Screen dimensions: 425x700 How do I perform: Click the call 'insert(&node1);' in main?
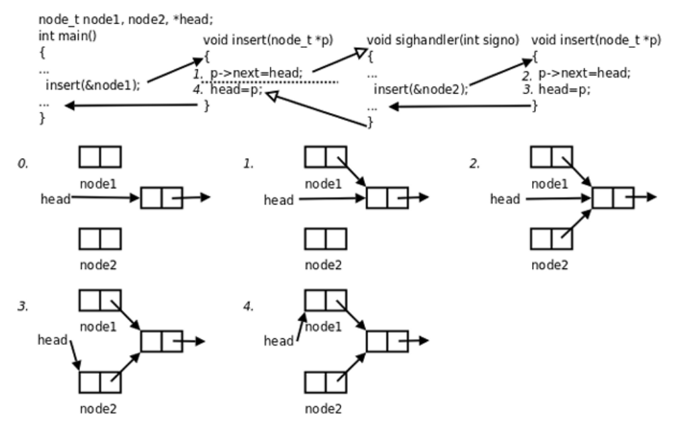coord(93,85)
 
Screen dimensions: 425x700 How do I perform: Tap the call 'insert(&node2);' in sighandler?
coord(421,89)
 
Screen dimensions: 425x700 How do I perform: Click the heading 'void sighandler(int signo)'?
coord(444,40)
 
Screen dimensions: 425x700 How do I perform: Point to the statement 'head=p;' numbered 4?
coord(236,91)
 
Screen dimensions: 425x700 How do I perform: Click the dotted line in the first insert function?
coord(269,82)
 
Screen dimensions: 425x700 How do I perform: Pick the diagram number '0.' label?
coord(22,163)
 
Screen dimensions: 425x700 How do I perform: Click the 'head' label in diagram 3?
coord(52,340)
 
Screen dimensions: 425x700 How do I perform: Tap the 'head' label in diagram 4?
coord(278,342)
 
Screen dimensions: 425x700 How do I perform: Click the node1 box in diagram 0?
coord(100,157)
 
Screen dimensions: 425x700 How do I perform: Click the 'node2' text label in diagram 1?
coord(324,264)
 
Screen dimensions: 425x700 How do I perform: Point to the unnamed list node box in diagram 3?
coord(161,341)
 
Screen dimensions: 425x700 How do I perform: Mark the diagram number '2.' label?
coord(474,163)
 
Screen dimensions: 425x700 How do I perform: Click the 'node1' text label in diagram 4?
coord(324,327)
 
